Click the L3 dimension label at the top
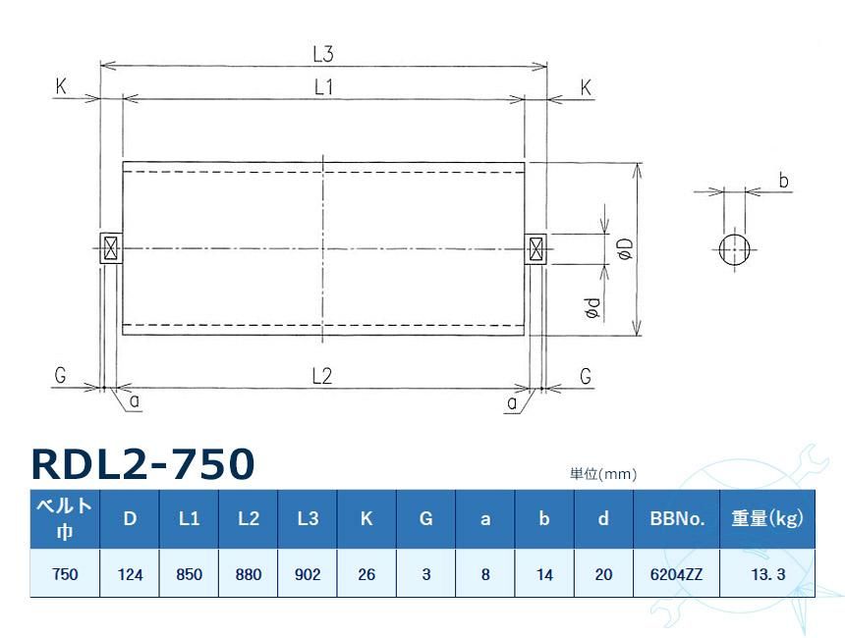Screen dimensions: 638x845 coord(323,54)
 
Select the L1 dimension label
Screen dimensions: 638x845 coord(323,87)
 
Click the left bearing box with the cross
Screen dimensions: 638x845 coord(110,248)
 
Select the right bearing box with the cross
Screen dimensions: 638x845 coord(535,248)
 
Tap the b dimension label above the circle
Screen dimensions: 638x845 coord(783,181)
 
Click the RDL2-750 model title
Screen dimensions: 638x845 coord(142,463)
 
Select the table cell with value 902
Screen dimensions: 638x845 coord(308,574)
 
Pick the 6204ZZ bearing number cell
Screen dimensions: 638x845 coord(677,574)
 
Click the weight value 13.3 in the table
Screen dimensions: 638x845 coord(766,574)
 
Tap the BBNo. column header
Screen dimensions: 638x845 coord(677,518)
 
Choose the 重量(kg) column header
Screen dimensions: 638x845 coord(766,518)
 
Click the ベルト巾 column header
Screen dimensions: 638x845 coord(65,518)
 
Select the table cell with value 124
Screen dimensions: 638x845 coord(130,574)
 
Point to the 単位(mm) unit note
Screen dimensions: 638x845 coord(603,473)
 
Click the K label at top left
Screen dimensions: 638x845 coord(61,87)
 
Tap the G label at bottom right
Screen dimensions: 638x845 coord(586,376)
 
